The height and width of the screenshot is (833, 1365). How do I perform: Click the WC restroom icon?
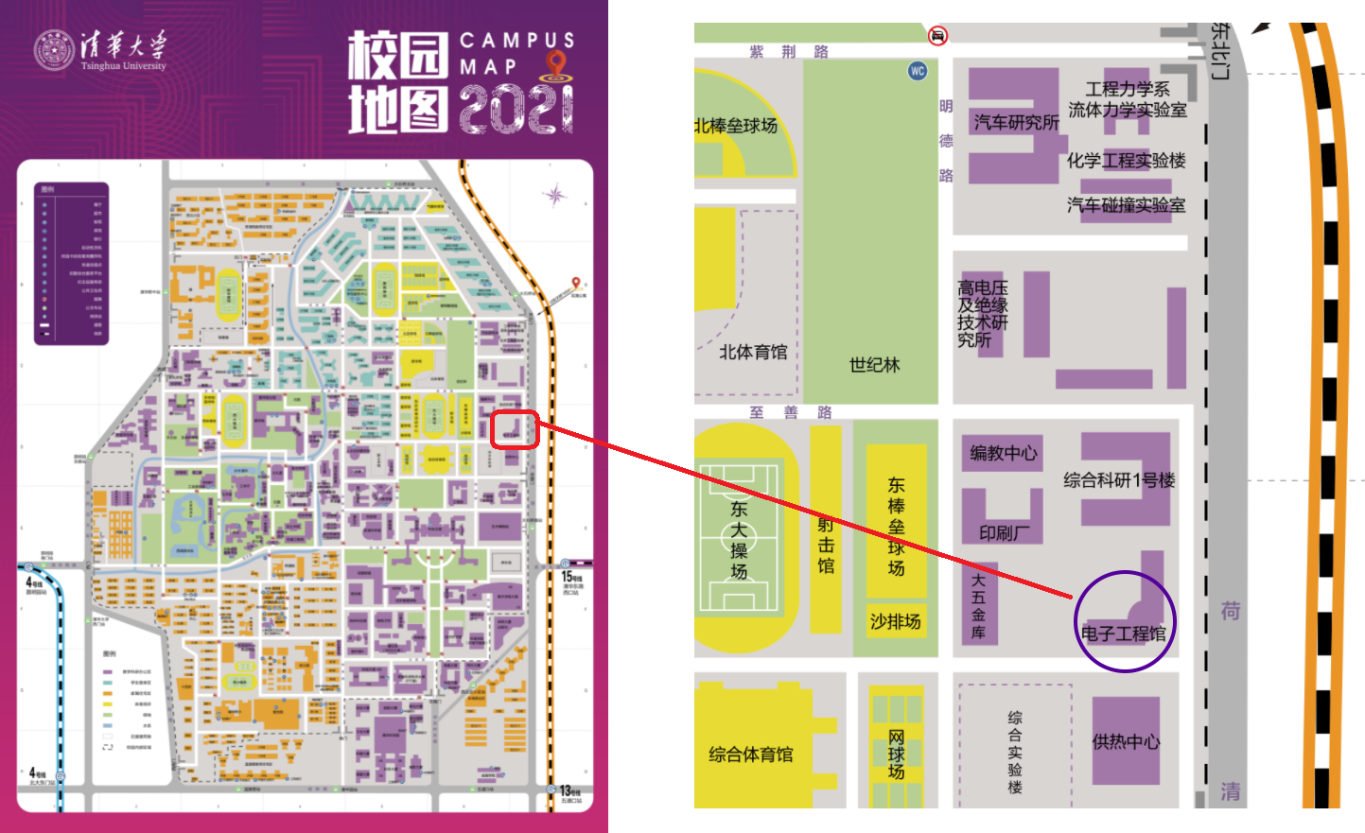(917, 71)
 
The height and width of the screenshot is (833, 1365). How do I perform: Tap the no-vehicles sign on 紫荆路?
(937, 36)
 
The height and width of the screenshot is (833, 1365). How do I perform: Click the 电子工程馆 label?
(1124, 633)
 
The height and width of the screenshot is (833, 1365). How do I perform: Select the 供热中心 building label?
(1126, 742)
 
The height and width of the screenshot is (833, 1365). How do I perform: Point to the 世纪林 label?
(874, 365)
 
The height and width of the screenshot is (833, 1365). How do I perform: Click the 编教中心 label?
(1003, 453)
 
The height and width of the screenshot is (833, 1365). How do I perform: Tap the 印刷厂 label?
(1005, 533)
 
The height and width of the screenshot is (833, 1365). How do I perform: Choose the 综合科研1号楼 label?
(1119, 480)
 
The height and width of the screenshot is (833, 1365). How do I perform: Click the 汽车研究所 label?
(1016, 123)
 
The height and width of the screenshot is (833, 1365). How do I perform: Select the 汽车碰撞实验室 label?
(1126, 205)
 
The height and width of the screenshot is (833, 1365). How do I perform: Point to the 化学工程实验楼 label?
(1126, 161)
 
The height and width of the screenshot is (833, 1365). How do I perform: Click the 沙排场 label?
(895, 621)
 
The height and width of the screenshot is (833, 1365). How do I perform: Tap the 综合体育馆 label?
(751, 755)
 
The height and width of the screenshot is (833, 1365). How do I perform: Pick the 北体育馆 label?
(753, 353)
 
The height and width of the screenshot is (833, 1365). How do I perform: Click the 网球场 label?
(896, 755)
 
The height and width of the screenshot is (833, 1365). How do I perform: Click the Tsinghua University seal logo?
(54, 51)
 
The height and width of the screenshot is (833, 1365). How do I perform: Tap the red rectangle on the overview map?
(515, 430)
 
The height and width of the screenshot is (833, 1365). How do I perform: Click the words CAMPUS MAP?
(516, 53)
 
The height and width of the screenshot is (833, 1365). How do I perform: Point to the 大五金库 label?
(978, 606)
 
